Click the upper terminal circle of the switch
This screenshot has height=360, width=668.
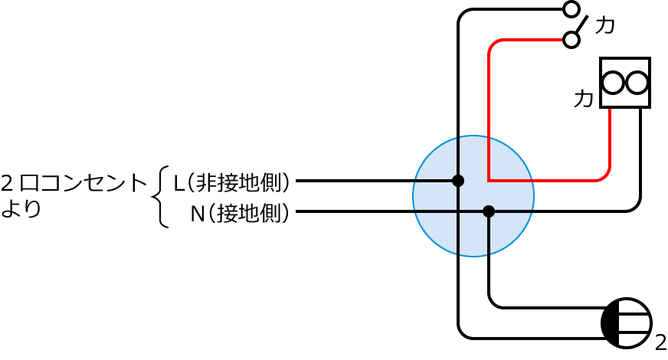coord(571,9)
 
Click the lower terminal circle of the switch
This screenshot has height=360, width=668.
coord(571,39)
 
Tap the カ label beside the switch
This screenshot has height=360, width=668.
coord(604,25)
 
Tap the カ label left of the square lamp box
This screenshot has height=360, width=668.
coord(583,99)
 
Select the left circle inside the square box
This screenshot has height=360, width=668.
coord(613,83)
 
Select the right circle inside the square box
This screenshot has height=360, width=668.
coord(637,83)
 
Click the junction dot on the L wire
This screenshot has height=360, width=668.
coord(458,181)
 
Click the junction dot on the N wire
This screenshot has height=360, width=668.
coord(489,211)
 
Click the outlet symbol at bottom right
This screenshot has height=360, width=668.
coord(627,323)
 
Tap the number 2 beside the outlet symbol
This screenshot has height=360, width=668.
coord(660,342)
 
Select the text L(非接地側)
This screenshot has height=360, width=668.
coord(232,182)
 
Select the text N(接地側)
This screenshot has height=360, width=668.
coord(241,213)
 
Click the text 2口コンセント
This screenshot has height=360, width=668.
coord(74,183)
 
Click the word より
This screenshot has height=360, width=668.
coord(21,208)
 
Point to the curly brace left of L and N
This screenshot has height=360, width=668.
coord(160,197)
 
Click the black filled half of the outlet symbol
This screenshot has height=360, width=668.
coord(610,323)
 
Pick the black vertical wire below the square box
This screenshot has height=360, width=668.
coord(640,153)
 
